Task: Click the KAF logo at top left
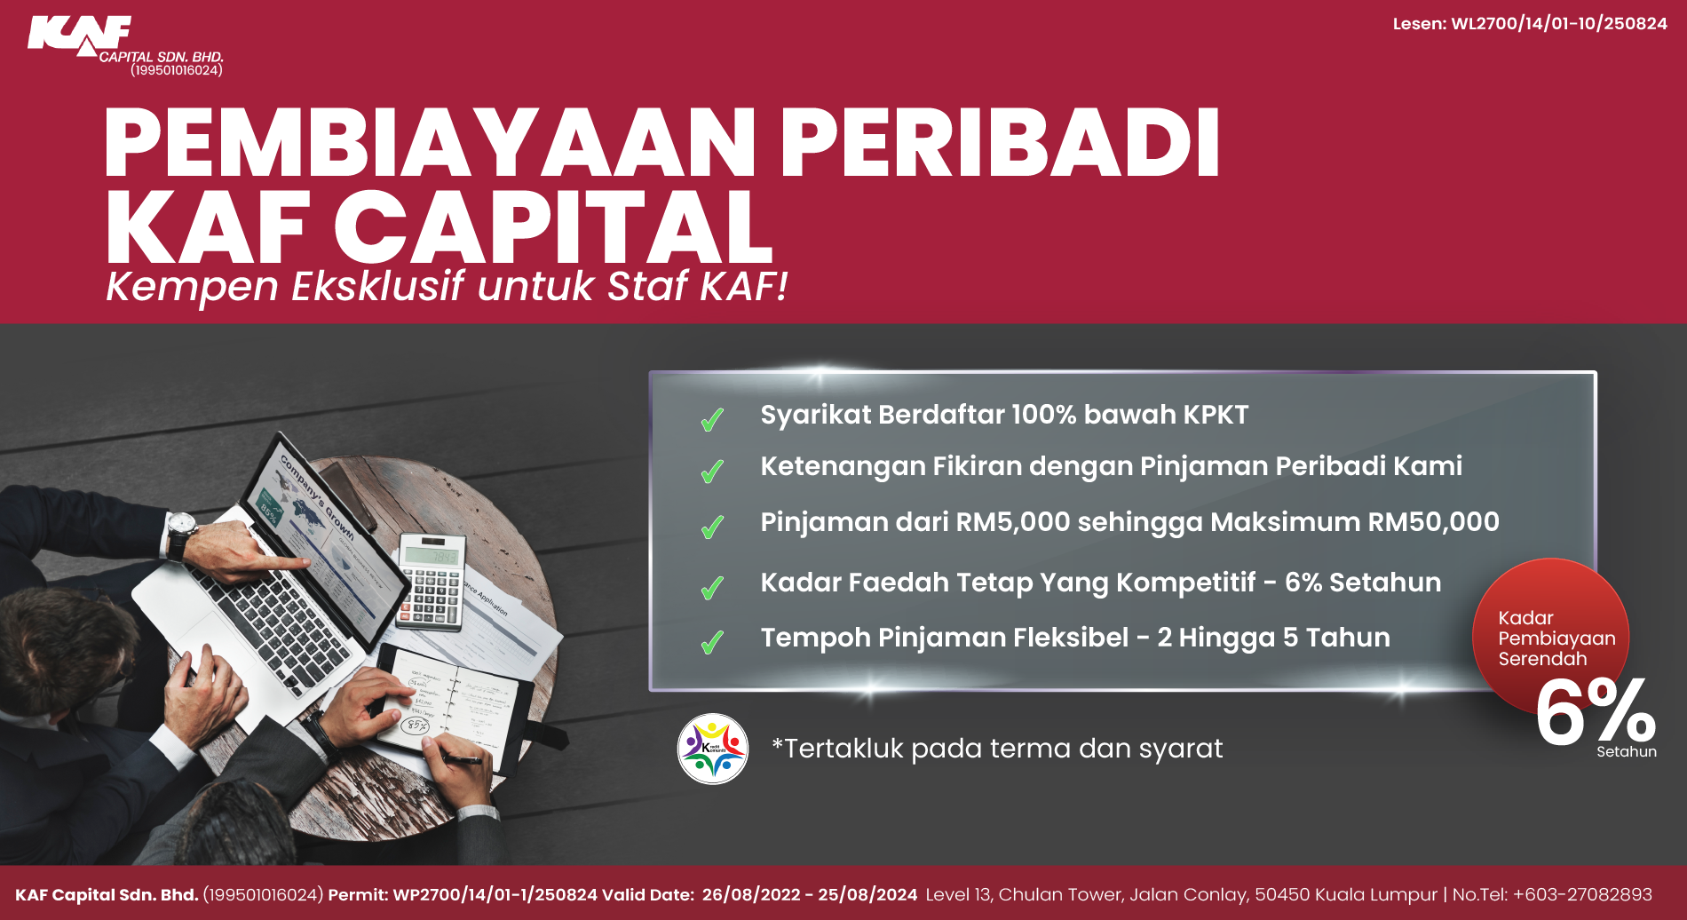pos(80,36)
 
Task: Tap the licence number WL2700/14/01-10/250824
pos(1558,24)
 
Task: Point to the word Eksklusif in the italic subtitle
pos(377,287)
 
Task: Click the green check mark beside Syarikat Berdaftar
pos(712,419)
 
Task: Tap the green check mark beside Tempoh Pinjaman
pos(712,641)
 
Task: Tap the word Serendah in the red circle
pos(1542,659)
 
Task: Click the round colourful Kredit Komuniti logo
pos(712,749)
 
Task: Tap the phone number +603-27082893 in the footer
pos(1582,895)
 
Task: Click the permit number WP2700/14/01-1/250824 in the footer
pos(495,895)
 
